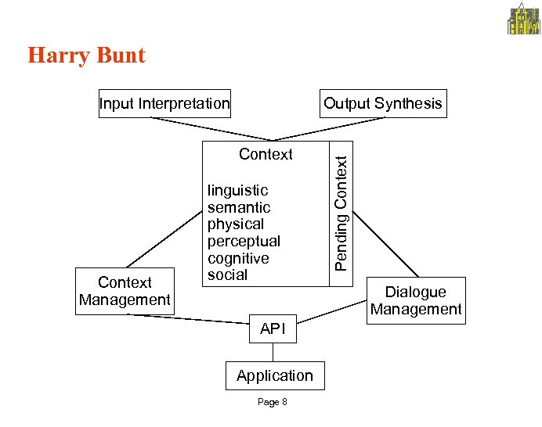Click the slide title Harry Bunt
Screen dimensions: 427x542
pos(86,56)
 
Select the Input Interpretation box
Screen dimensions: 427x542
pos(164,103)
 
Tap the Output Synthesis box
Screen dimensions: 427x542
pos(383,103)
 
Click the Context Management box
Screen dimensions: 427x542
pos(125,291)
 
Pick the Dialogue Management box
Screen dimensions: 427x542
pos(416,300)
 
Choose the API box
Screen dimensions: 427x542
pos(273,329)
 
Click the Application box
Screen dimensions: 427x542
pos(274,375)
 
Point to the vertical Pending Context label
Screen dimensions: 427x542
pos(341,213)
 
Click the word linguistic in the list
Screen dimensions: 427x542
pos(237,190)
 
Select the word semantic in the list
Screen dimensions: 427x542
pos(239,207)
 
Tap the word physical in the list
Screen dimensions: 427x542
pos(236,224)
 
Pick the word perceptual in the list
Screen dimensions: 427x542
pos(244,241)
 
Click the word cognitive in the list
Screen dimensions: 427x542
pos(238,258)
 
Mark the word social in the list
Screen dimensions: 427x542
pos(227,275)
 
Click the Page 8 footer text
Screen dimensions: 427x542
pos(273,402)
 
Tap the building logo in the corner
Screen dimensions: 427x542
pos(524,19)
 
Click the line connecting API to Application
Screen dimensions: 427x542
pos(273,352)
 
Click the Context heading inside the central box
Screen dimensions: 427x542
pos(266,154)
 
